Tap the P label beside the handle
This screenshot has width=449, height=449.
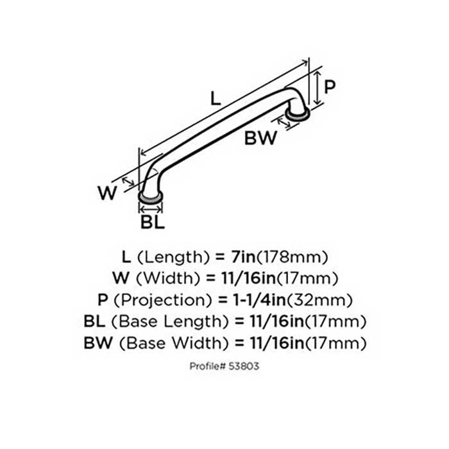tap(329, 87)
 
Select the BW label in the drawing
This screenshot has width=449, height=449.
tap(261, 137)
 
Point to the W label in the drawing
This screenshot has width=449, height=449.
tap(110, 192)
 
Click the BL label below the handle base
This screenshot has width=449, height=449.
tap(153, 223)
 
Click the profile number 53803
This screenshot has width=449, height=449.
tap(244, 366)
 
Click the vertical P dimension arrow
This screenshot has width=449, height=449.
tap(317, 88)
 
